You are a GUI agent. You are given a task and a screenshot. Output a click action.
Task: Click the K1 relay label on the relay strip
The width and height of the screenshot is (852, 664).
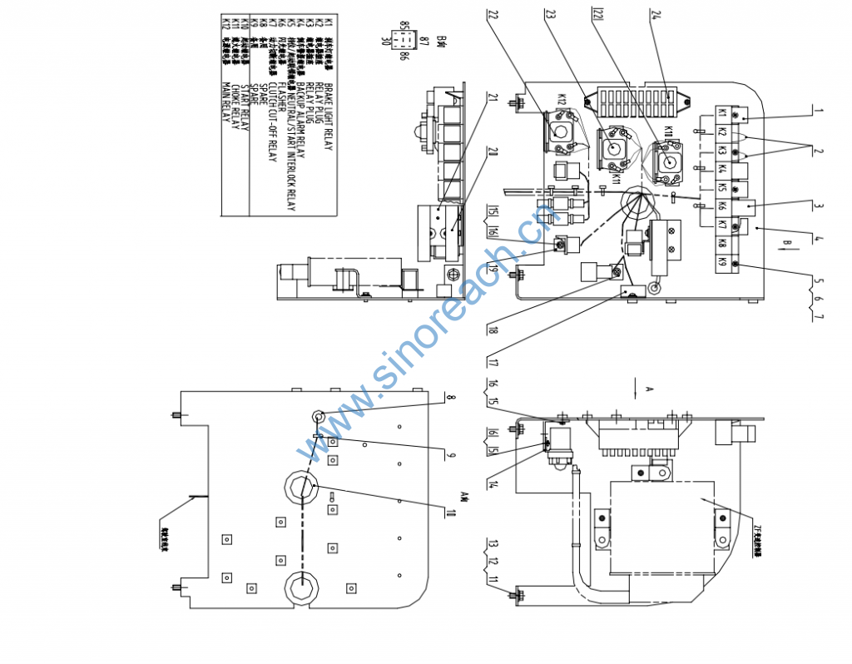point(721,113)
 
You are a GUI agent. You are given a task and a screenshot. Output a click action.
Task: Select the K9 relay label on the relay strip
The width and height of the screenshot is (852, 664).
point(721,262)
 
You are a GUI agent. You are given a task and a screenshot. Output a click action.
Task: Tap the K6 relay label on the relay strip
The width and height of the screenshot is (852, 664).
point(721,206)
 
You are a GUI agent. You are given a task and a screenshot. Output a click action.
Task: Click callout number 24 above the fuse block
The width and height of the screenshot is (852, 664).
point(656,14)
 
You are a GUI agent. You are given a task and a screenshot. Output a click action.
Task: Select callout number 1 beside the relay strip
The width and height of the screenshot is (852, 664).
point(818,110)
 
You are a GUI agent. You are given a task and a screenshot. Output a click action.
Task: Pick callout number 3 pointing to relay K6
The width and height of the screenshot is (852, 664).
point(818,206)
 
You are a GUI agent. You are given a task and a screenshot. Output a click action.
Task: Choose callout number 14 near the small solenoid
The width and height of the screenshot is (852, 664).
point(493,484)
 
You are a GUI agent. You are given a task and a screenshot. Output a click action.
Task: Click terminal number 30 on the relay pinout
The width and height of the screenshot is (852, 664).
point(385,40)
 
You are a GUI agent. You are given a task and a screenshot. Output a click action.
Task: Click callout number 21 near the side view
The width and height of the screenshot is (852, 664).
point(493,100)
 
